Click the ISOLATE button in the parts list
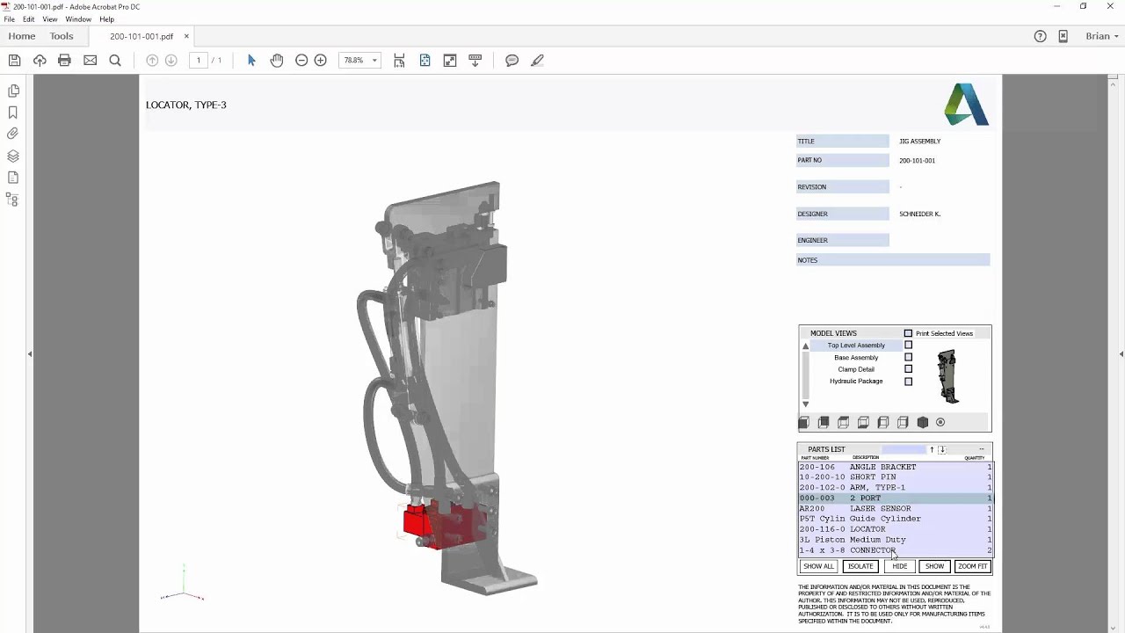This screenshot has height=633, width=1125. point(860,566)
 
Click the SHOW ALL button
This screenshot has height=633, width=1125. point(818,566)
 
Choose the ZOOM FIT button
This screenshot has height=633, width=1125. point(972,566)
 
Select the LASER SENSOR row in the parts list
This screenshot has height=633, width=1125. point(880,508)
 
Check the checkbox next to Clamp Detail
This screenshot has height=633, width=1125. point(908,369)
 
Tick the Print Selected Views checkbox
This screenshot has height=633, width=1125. point(908,333)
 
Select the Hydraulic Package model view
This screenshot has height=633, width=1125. point(855,382)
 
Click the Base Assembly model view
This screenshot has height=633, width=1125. point(855,358)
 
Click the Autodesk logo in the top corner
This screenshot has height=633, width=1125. point(966,105)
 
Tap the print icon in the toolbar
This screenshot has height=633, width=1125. point(64,61)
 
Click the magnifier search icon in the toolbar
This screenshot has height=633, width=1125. point(115,61)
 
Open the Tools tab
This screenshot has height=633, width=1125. point(62,36)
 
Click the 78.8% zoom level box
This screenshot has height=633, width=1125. point(354,61)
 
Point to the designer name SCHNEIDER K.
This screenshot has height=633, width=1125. point(919,214)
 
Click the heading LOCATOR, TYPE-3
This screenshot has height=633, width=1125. point(186,105)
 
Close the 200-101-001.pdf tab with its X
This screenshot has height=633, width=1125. point(186,36)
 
